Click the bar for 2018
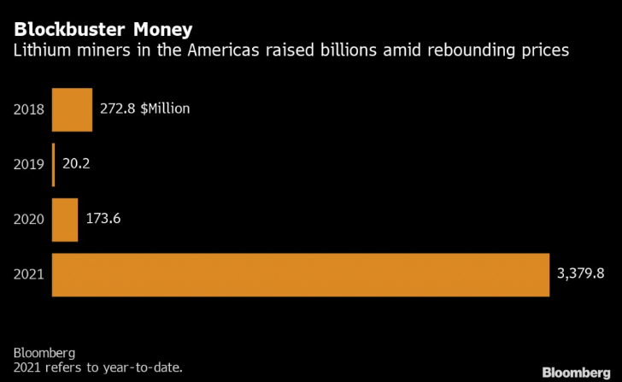click(72, 109)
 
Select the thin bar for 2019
click(54, 164)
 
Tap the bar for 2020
click(65, 220)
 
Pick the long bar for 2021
click(300, 274)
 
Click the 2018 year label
click(29, 109)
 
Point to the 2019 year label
click(29, 164)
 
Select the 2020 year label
click(29, 220)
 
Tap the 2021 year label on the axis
click(29, 274)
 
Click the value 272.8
click(117, 109)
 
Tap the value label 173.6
click(103, 219)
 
